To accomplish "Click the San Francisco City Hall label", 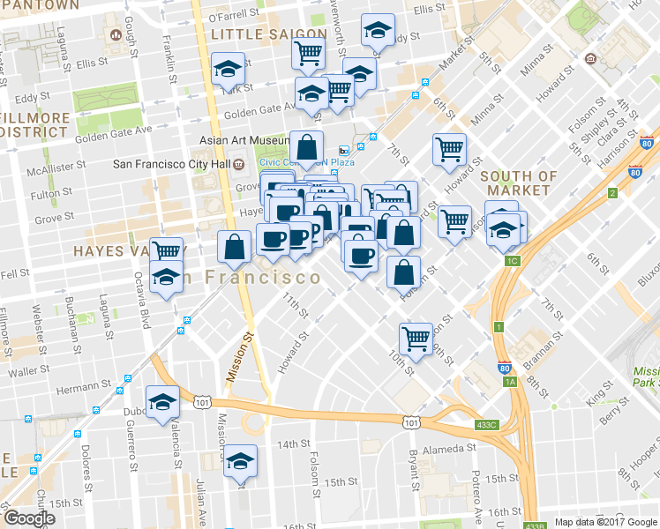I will (x=177, y=164).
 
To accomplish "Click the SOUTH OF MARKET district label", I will (x=518, y=183).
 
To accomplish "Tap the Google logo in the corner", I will (x=29, y=518).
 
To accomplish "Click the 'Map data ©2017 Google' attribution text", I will (x=605, y=522).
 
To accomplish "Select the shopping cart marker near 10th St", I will (x=415, y=337).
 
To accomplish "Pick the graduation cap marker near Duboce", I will (x=163, y=403).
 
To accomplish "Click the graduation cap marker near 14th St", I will (x=240, y=461).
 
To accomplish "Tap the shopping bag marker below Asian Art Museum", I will (x=305, y=148).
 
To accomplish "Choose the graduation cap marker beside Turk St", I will (x=229, y=69).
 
